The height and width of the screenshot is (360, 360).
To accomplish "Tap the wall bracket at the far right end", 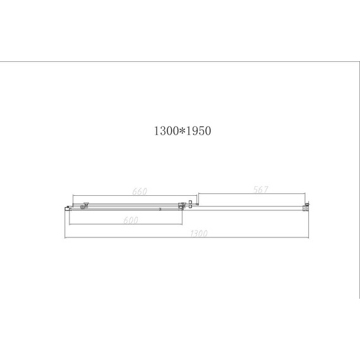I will (308, 205).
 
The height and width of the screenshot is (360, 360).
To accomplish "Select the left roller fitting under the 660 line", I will (83, 205).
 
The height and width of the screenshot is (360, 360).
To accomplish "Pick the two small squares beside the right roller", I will (191, 203).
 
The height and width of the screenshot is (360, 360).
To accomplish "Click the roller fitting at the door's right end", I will (182, 205).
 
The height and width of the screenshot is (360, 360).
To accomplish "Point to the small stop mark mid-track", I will (159, 208).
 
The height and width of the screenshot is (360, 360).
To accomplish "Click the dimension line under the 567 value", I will (253, 194).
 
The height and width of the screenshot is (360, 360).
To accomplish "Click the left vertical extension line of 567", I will (200, 198).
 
